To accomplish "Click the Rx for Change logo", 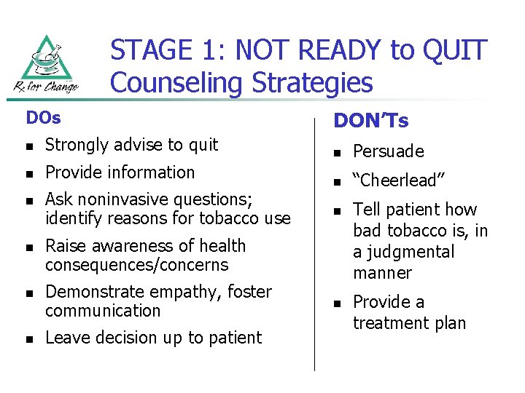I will tap(47, 64).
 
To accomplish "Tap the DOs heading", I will tap(43, 116).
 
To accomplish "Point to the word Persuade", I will tap(388, 151).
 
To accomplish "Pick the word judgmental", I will tap(403, 252).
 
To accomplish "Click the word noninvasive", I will tap(120, 199).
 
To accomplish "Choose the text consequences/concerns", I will tap(136, 265).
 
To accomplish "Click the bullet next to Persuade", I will tap(337, 152).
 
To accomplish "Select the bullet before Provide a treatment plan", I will tap(337, 303).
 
